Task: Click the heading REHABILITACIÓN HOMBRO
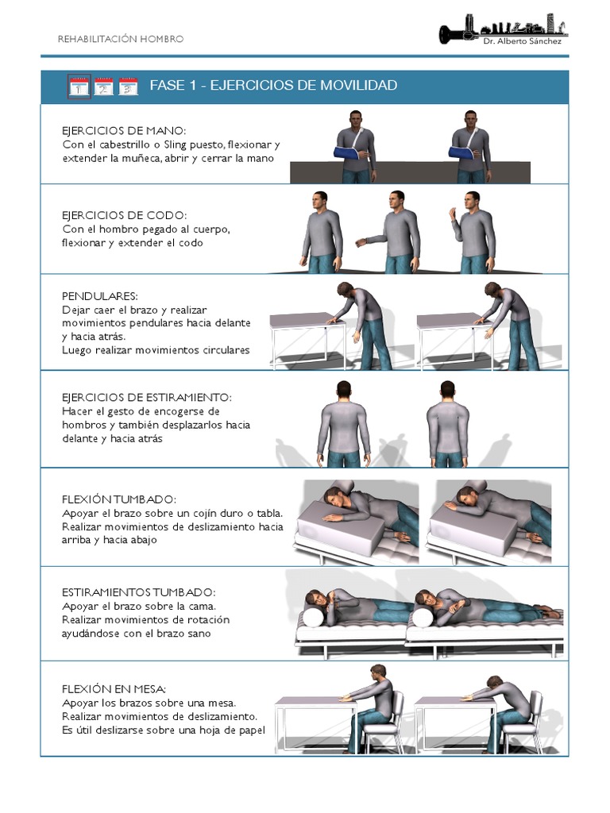pyautogui.click(x=121, y=39)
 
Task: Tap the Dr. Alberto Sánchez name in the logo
pyautogui.click(x=522, y=41)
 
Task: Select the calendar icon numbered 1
pyautogui.click(x=79, y=86)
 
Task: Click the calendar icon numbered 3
pyautogui.click(x=128, y=86)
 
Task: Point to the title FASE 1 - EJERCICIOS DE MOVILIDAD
pyautogui.click(x=273, y=85)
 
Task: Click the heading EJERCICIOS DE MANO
pyautogui.click(x=123, y=131)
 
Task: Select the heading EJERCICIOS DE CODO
pyautogui.click(x=124, y=215)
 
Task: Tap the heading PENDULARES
pyautogui.click(x=99, y=296)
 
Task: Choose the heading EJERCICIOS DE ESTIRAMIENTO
pyautogui.click(x=147, y=398)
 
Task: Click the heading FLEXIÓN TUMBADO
pyautogui.click(x=119, y=499)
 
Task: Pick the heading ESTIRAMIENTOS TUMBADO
pyautogui.click(x=138, y=592)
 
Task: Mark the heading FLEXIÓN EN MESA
pyautogui.click(x=114, y=689)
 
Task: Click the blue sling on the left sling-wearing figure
pyautogui.click(x=346, y=153)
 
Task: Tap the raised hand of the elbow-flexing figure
pyautogui.click(x=452, y=213)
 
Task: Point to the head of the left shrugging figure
pyautogui.click(x=343, y=390)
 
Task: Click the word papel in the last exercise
pyautogui.click(x=251, y=730)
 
